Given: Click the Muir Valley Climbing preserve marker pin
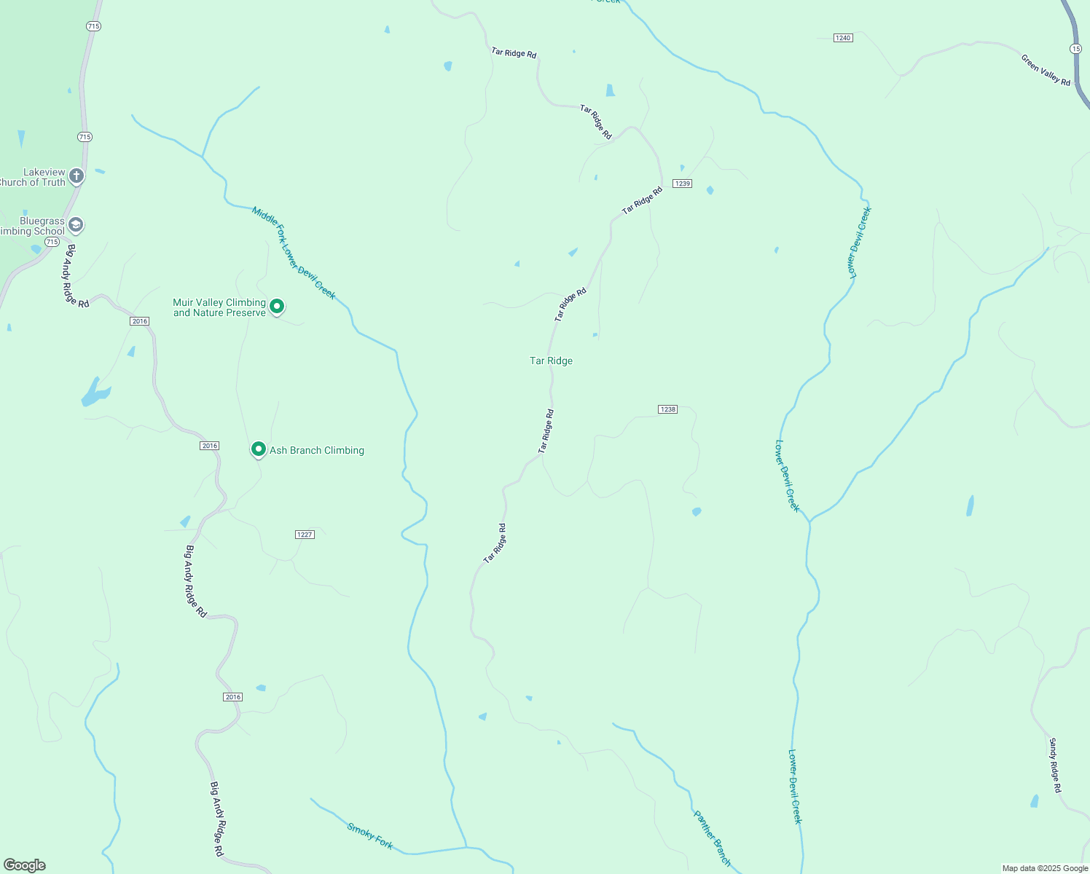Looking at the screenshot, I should point(277,307).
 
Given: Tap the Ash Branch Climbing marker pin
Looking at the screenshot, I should point(258,449).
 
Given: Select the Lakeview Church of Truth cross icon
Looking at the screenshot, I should point(77,176).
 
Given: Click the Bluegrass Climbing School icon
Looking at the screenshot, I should point(76,225).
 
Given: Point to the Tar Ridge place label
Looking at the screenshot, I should point(551,361).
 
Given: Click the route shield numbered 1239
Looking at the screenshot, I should point(682,184).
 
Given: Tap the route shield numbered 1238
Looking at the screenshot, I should point(667,409).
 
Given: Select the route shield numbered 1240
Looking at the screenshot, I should point(843,38).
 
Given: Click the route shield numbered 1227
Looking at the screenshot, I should point(305,535).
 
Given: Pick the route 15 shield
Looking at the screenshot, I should point(1075,48).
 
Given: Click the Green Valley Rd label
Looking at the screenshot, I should point(1046,70).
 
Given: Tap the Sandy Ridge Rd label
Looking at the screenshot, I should point(1055,765).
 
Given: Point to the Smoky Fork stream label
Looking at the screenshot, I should point(370,836).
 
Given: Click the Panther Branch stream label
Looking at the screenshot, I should point(711,838).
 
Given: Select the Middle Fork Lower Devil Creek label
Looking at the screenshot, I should point(294,253).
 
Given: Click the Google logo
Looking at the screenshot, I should point(25,865).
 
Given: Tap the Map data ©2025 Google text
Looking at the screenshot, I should point(1045,868).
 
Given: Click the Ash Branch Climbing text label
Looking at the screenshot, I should point(317,451).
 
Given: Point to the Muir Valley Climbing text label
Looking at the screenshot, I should point(219,307).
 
